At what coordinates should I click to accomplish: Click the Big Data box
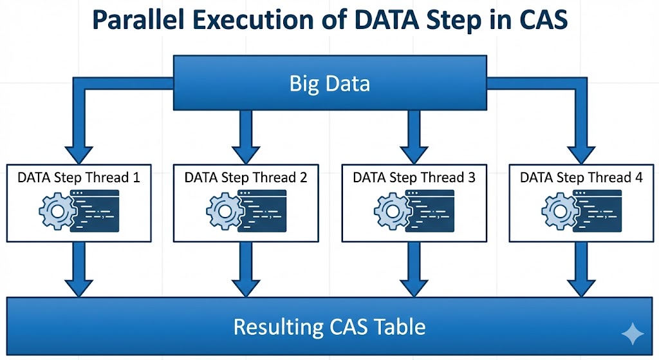coord(329,83)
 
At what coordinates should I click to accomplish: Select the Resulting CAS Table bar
coord(329,327)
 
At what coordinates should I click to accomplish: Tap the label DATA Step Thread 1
coord(79,177)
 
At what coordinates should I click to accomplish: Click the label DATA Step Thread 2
coord(246,177)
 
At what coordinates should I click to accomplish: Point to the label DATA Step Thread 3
coord(414,177)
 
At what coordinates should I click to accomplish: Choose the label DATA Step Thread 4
coord(581,177)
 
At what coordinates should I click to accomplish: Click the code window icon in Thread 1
coord(95,211)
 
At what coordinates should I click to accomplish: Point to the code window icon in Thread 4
coord(598,211)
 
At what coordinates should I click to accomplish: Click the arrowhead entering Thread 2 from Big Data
coord(246,153)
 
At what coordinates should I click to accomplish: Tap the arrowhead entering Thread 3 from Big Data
coord(414,153)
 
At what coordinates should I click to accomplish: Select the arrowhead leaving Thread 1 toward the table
coord(79,285)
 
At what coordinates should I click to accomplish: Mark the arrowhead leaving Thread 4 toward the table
coord(581,285)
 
